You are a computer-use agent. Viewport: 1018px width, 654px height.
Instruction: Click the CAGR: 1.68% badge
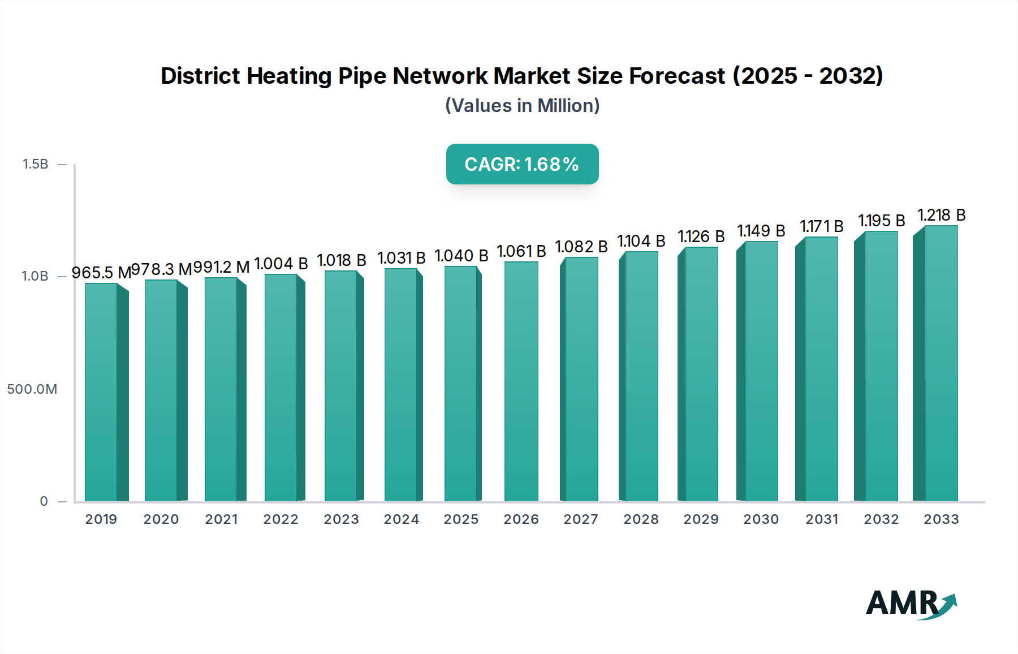point(522,164)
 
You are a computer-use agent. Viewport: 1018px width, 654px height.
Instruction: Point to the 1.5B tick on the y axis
point(35,164)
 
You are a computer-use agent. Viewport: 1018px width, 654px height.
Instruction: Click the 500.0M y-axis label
point(32,389)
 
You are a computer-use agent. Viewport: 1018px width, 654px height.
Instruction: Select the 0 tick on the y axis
point(44,501)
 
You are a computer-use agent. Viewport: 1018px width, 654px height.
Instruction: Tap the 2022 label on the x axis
point(281,519)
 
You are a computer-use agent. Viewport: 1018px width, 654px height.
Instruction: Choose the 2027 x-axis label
point(581,519)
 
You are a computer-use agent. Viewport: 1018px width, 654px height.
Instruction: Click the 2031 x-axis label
point(822,519)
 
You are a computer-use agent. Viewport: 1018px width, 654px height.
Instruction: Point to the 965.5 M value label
point(101,273)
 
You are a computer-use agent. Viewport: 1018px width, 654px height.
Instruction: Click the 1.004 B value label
point(281,264)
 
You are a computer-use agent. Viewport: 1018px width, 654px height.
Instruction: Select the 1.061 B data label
point(521,251)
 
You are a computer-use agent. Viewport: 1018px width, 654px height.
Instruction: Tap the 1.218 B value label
point(941,216)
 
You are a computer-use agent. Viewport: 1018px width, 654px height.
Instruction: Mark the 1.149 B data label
point(761,231)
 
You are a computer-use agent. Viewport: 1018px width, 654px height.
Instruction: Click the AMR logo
point(911,604)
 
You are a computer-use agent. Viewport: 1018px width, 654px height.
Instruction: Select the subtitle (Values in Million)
point(522,106)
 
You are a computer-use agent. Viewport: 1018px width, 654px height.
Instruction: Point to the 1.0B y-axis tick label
point(35,276)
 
